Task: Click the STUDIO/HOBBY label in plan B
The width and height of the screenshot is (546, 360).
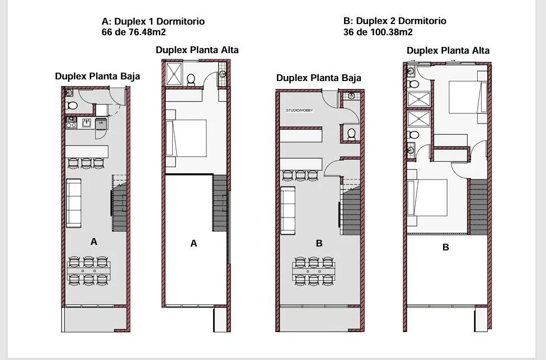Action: coord(299,110)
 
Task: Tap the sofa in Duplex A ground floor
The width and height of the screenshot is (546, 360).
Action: coord(73,203)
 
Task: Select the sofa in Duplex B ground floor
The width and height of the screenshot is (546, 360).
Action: coord(288,210)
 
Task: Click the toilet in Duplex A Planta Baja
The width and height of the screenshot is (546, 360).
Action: coord(71,106)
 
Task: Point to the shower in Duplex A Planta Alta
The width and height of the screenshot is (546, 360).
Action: coord(174,74)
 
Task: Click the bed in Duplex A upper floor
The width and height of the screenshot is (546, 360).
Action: coord(186,138)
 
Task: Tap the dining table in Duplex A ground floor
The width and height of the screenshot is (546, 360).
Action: coord(89,271)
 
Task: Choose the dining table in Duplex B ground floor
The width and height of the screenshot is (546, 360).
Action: coord(313,271)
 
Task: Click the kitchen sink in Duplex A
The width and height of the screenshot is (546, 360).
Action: coord(86,123)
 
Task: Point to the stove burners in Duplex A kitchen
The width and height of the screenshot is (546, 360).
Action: coord(71,123)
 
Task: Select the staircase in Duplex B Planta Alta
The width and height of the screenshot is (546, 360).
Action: coord(478,207)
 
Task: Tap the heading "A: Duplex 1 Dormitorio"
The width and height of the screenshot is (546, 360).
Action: coord(153,21)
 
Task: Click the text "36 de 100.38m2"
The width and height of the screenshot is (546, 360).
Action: coord(378,32)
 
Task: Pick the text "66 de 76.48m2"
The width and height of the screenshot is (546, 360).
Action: coord(134,32)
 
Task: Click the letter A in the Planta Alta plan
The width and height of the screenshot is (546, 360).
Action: coord(194,244)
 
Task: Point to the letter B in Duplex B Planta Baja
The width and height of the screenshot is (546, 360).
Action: coord(319,244)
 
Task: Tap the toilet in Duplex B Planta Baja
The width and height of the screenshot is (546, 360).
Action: coord(351,134)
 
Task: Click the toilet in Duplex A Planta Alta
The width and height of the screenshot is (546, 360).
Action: coord(191,79)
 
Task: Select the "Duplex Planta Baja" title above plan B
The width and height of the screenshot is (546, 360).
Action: coord(319,78)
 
